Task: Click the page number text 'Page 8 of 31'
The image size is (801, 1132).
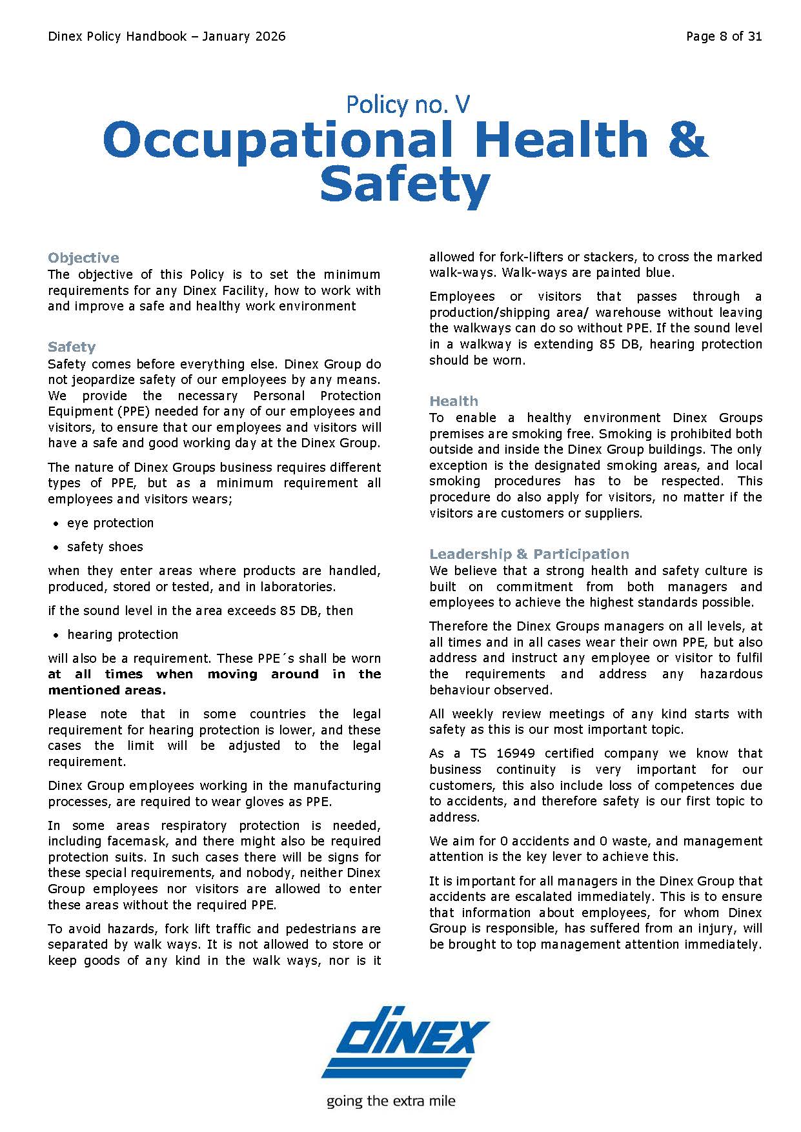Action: pyautogui.click(x=724, y=37)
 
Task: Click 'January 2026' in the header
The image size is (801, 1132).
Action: pyautogui.click(x=243, y=37)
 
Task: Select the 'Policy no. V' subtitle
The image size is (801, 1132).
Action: pyautogui.click(x=407, y=104)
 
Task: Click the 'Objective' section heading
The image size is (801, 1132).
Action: pyautogui.click(x=83, y=258)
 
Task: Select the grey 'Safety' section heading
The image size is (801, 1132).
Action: pyautogui.click(x=71, y=347)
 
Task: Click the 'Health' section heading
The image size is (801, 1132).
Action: pyautogui.click(x=453, y=401)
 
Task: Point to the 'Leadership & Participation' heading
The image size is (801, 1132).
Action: pyautogui.click(x=529, y=554)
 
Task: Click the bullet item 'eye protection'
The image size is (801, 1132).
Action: pyautogui.click(x=110, y=523)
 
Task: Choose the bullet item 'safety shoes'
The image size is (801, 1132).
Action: pyautogui.click(x=105, y=547)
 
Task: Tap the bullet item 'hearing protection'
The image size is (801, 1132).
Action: pyautogui.click(x=123, y=635)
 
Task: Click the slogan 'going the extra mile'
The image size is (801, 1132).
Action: pyautogui.click(x=390, y=1101)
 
